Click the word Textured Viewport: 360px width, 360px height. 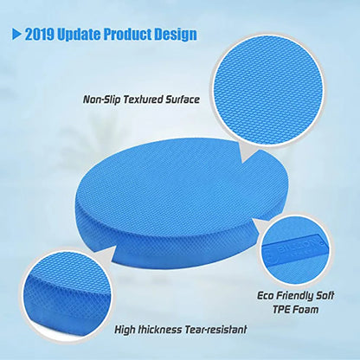[146, 100]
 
